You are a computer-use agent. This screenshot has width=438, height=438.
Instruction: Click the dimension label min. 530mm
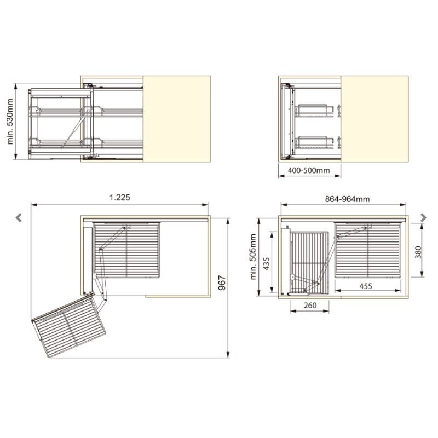coord(10,122)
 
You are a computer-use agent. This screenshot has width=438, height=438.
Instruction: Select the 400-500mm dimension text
coord(309,170)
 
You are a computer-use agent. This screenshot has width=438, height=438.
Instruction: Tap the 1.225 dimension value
coord(119,198)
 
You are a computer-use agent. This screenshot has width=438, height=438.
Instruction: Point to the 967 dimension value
coord(222,283)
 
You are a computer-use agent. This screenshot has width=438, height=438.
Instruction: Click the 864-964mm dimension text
coord(347,199)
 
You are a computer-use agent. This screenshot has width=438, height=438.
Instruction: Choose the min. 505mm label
coord(253,257)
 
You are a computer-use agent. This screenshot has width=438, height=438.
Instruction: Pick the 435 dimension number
coord(266,264)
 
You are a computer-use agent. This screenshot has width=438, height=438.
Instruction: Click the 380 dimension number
coord(418,252)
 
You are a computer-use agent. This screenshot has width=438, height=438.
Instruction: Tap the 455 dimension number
coord(366,286)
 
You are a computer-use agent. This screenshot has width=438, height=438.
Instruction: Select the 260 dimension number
coord(310,306)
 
